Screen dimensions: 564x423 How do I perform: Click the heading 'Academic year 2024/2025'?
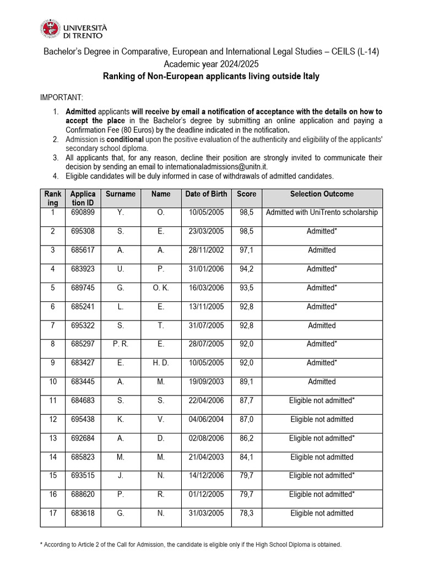coord(211,64)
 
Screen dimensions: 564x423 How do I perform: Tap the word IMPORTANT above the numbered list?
coord(62,97)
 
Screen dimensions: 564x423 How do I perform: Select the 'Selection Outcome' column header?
coord(322,194)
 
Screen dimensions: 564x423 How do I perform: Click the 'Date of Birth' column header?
coord(205,194)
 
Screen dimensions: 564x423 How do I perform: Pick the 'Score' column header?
coord(246,194)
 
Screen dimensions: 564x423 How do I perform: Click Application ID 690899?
coord(83,213)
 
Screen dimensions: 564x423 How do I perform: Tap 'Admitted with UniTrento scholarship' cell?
coord(322,213)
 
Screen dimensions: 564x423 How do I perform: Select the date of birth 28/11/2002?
coord(205,250)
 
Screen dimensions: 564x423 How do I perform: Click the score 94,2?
coord(246,269)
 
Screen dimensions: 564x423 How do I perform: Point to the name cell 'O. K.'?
coord(160,288)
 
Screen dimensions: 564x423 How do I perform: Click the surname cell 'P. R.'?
coord(121,344)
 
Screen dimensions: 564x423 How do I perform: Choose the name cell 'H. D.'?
coord(160,362)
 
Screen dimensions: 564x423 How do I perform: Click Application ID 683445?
coord(83,381)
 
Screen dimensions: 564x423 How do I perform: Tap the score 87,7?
coord(246,400)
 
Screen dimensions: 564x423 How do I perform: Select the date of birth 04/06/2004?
coord(205,419)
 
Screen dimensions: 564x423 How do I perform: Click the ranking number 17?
coord(53,513)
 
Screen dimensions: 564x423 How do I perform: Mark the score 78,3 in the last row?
coord(246,513)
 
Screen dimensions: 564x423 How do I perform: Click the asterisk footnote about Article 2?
coord(191,544)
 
